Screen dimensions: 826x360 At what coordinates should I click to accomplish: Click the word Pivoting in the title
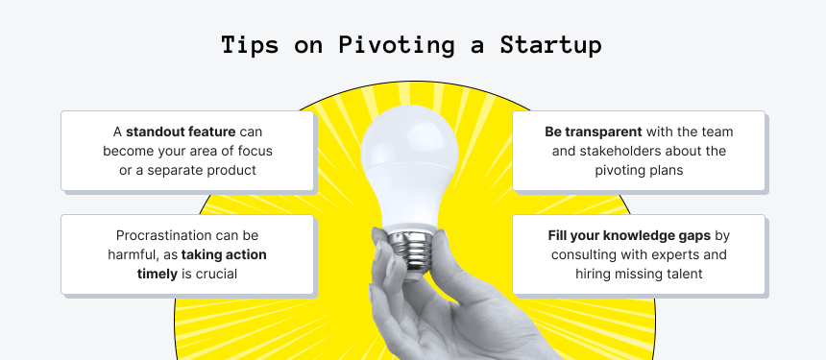tap(396, 45)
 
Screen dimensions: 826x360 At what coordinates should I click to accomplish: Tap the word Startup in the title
tap(550, 45)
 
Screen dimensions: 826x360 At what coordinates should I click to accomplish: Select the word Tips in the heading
tap(250, 45)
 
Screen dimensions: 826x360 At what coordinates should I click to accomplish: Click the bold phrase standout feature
tap(181, 132)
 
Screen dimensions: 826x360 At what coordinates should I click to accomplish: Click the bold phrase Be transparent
tap(594, 132)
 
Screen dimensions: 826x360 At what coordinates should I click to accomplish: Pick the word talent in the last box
tap(686, 275)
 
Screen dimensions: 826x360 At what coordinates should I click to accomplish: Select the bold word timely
tap(157, 275)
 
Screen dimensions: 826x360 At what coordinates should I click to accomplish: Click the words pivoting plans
tap(639, 171)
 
